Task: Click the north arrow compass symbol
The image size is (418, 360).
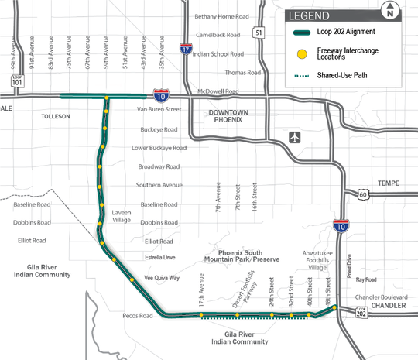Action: pos(391,10)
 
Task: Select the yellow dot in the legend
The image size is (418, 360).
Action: pos(301,54)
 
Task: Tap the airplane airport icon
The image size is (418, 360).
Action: pos(295,137)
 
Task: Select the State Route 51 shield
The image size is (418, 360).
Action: pos(259,32)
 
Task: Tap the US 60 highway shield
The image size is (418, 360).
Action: pos(361,196)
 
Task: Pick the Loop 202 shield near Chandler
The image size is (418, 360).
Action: pos(361,310)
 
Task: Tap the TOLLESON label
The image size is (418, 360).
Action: pos(55,116)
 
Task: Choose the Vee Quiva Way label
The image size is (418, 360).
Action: pos(162,277)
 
